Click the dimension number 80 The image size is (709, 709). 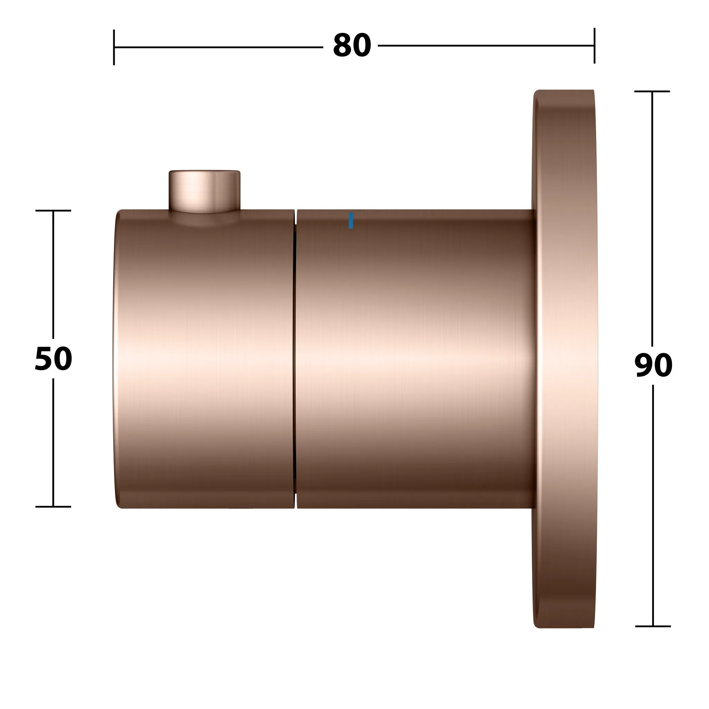(352, 46)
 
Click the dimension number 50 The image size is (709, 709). (53, 359)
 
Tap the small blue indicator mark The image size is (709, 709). (351, 221)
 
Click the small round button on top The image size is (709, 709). (204, 190)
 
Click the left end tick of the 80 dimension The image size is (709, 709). (114, 47)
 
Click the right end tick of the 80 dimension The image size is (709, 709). (594, 45)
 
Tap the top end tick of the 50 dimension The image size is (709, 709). (53, 210)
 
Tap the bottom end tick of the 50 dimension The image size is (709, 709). (53, 507)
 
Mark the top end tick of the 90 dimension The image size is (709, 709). (652, 91)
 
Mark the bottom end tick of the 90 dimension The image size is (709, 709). (653, 626)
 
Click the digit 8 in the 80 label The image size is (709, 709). (342, 46)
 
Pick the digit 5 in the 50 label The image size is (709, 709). (44, 359)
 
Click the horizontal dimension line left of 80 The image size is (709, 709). (220, 47)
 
